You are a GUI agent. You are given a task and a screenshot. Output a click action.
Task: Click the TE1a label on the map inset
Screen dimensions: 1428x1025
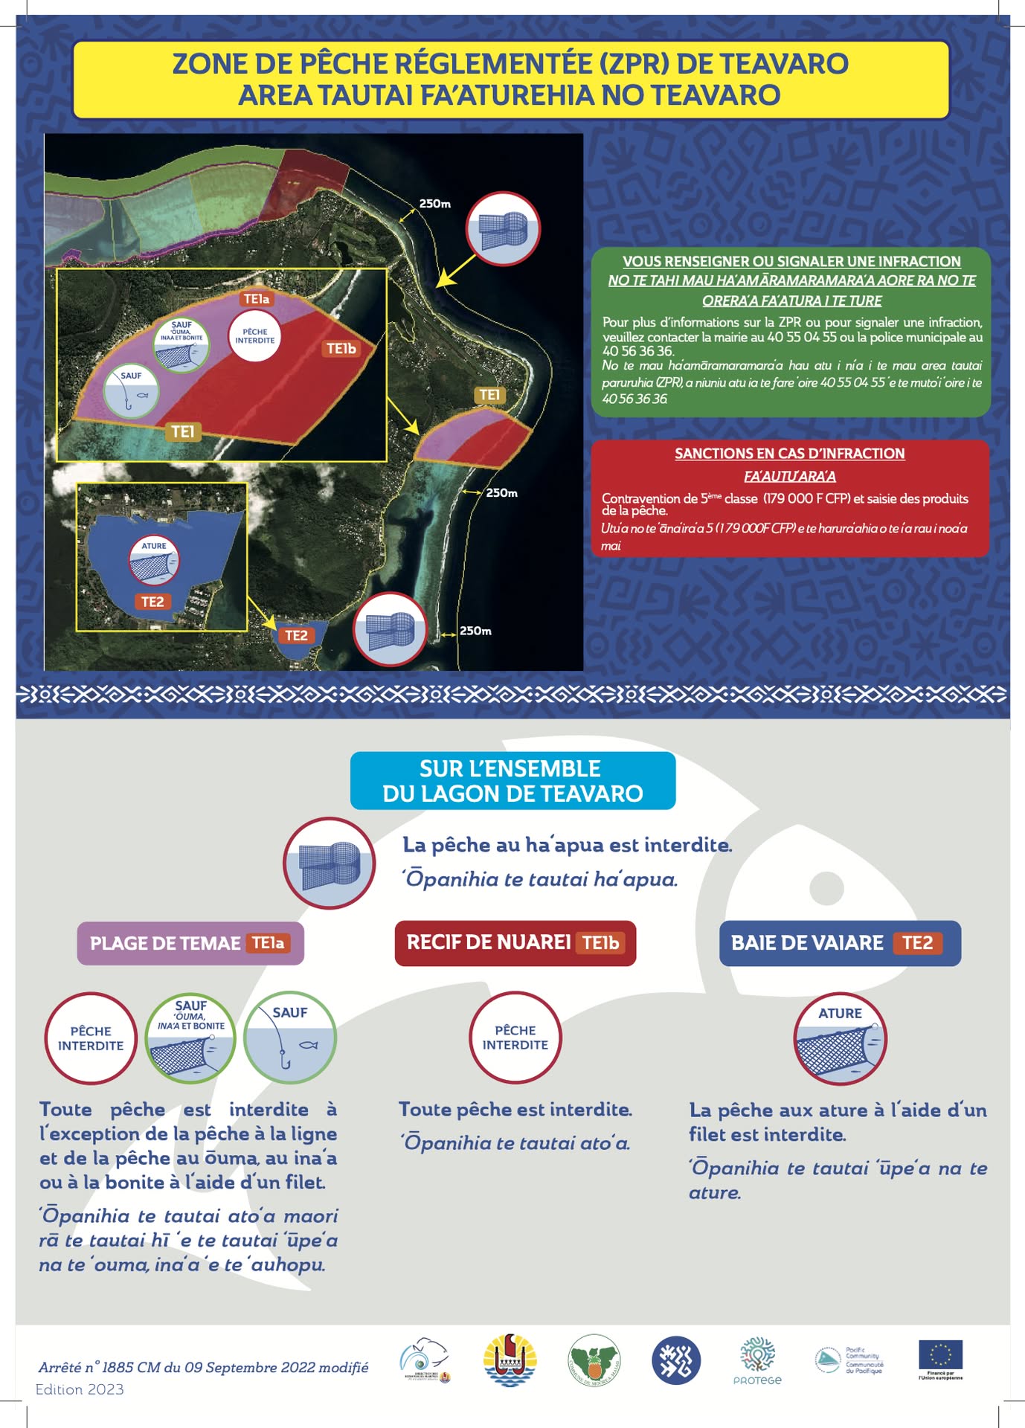[257, 299]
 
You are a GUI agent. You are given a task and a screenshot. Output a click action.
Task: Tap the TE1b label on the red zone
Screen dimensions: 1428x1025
[341, 348]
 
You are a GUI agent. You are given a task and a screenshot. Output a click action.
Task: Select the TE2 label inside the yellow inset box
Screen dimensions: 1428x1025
[152, 602]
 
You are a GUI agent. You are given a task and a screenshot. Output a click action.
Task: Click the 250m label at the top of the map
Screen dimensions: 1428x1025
[434, 204]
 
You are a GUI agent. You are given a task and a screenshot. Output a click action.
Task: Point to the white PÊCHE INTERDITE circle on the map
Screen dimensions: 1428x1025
[255, 336]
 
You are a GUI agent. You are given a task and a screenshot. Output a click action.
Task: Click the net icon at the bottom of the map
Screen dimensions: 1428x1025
[390, 629]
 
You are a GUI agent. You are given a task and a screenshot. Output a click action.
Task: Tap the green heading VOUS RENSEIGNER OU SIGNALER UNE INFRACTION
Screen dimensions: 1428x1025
[791, 262]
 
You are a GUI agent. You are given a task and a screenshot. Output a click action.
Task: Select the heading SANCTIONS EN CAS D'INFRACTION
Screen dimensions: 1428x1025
[789, 454]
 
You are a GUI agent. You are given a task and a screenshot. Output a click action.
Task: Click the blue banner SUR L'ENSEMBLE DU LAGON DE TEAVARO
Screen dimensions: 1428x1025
[512, 781]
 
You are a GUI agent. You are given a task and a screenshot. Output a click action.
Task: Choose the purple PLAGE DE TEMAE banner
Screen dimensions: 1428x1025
[190, 943]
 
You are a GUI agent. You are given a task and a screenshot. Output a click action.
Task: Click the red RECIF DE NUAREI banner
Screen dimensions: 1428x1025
[515, 943]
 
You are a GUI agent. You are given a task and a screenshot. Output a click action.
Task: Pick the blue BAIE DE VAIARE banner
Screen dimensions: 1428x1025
[839, 943]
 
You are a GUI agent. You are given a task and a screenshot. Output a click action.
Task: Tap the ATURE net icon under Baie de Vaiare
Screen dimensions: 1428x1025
[840, 1038]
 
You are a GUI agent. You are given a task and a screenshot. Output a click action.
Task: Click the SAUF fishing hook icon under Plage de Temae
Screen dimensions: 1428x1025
[290, 1037]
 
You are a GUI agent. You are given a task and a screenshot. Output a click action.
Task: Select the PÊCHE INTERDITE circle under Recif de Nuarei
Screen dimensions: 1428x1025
[515, 1038]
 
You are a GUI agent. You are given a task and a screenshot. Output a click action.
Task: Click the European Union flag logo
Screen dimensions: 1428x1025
[940, 1355]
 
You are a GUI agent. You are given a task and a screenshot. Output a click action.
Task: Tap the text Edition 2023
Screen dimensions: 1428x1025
[80, 1389]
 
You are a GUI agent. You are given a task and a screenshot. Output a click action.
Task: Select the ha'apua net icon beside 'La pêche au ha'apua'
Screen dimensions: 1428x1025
[330, 863]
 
